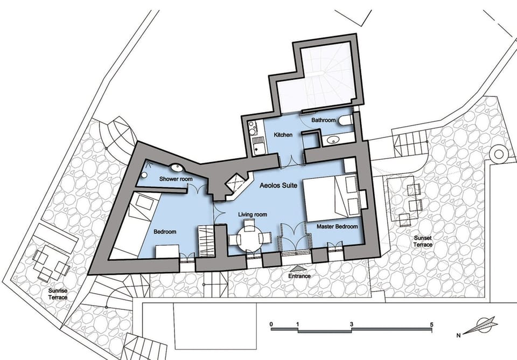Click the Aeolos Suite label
pos(278,185)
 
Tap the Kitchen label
pos(283,135)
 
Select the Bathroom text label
pos(324,120)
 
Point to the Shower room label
pos(176,179)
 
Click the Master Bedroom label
pos(337,227)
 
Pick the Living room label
pos(253,215)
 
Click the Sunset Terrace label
pos(423,241)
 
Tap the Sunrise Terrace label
pos(58,294)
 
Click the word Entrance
pos(299,276)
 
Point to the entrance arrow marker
pos(298,268)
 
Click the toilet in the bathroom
pos(346,120)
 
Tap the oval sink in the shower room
pos(177,168)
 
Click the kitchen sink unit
pos(258,146)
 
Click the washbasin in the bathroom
pos(332,141)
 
